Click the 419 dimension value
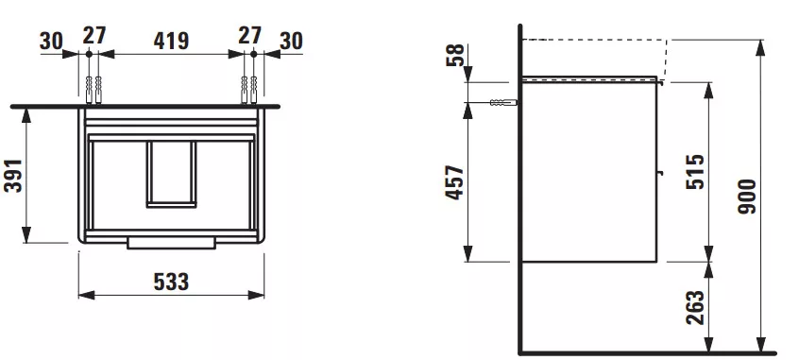171,41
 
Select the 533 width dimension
171,282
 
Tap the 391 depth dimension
13,176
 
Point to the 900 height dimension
748,197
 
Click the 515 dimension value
695,172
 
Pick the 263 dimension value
695,307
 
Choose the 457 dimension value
455,182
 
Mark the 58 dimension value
455,55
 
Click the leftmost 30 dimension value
51,42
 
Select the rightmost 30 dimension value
291,42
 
